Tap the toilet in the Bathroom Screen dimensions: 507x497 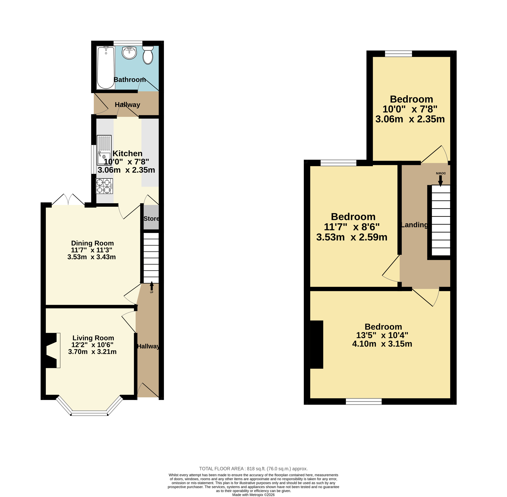[x=148, y=55]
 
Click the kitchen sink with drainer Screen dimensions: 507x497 [x=104, y=150]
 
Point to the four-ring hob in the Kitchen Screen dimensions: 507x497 [x=104, y=186]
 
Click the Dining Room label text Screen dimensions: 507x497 [x=92, y=243]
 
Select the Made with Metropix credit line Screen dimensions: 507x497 [x=253, y=495]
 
